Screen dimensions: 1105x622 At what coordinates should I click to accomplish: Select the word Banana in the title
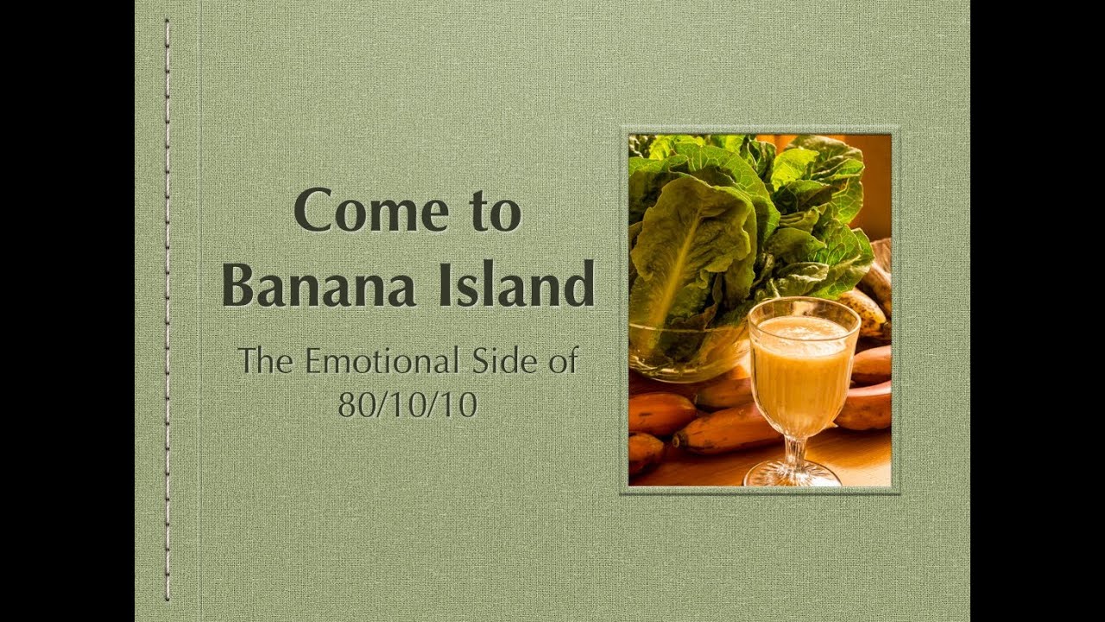(319, 284)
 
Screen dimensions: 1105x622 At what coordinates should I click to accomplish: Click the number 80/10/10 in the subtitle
(407, 405)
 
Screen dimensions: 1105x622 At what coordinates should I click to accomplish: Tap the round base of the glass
(792, 474)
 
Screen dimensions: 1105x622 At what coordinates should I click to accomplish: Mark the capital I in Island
(446, 285)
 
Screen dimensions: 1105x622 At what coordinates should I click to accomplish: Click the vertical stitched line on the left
(167, 310)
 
